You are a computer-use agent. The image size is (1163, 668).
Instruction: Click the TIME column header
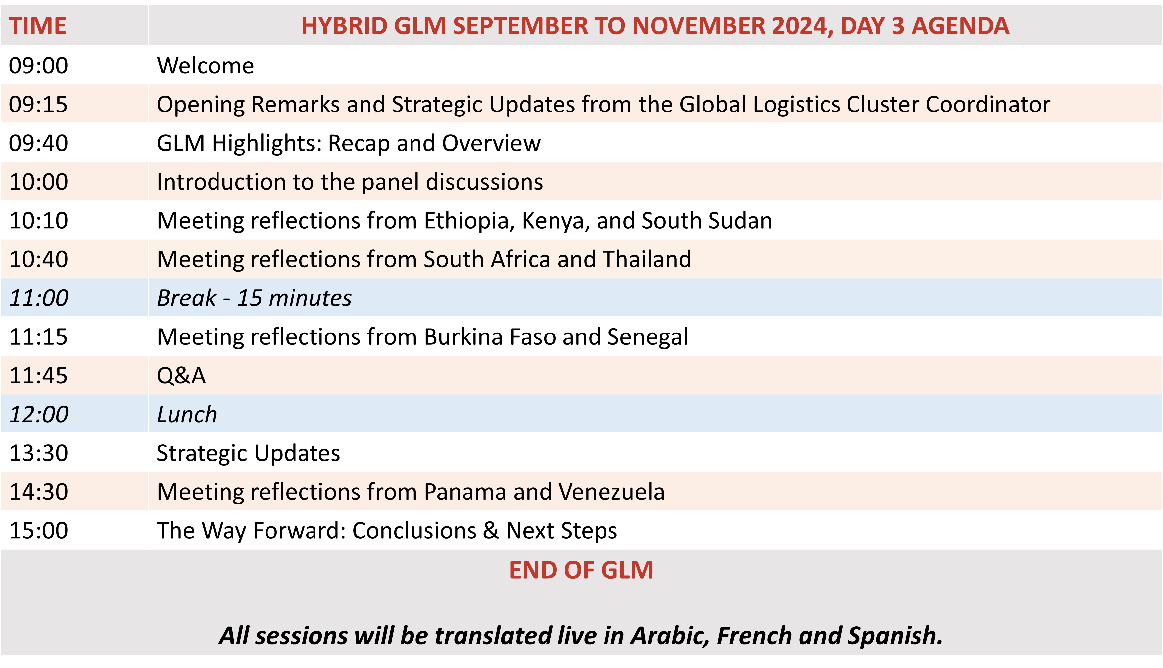tap(38, 26)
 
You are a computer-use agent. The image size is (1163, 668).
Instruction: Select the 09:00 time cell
tap(38, 66)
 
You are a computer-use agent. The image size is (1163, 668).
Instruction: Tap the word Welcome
tap(205, 66)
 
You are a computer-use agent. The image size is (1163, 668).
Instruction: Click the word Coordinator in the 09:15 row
tap(987, 104)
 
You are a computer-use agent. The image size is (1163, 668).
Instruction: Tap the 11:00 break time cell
tap(38, 298)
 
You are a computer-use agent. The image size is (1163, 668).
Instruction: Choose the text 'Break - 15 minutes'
tap(254, 298)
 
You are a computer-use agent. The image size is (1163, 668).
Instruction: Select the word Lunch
tap(187, 414)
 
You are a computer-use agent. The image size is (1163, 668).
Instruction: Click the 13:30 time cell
tap(38, 453)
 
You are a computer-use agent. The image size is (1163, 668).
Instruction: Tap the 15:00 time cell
tap(38, 531)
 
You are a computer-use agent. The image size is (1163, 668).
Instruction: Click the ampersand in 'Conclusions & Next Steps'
tap(491, 531)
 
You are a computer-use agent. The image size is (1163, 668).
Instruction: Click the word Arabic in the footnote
tap(670, 636)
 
